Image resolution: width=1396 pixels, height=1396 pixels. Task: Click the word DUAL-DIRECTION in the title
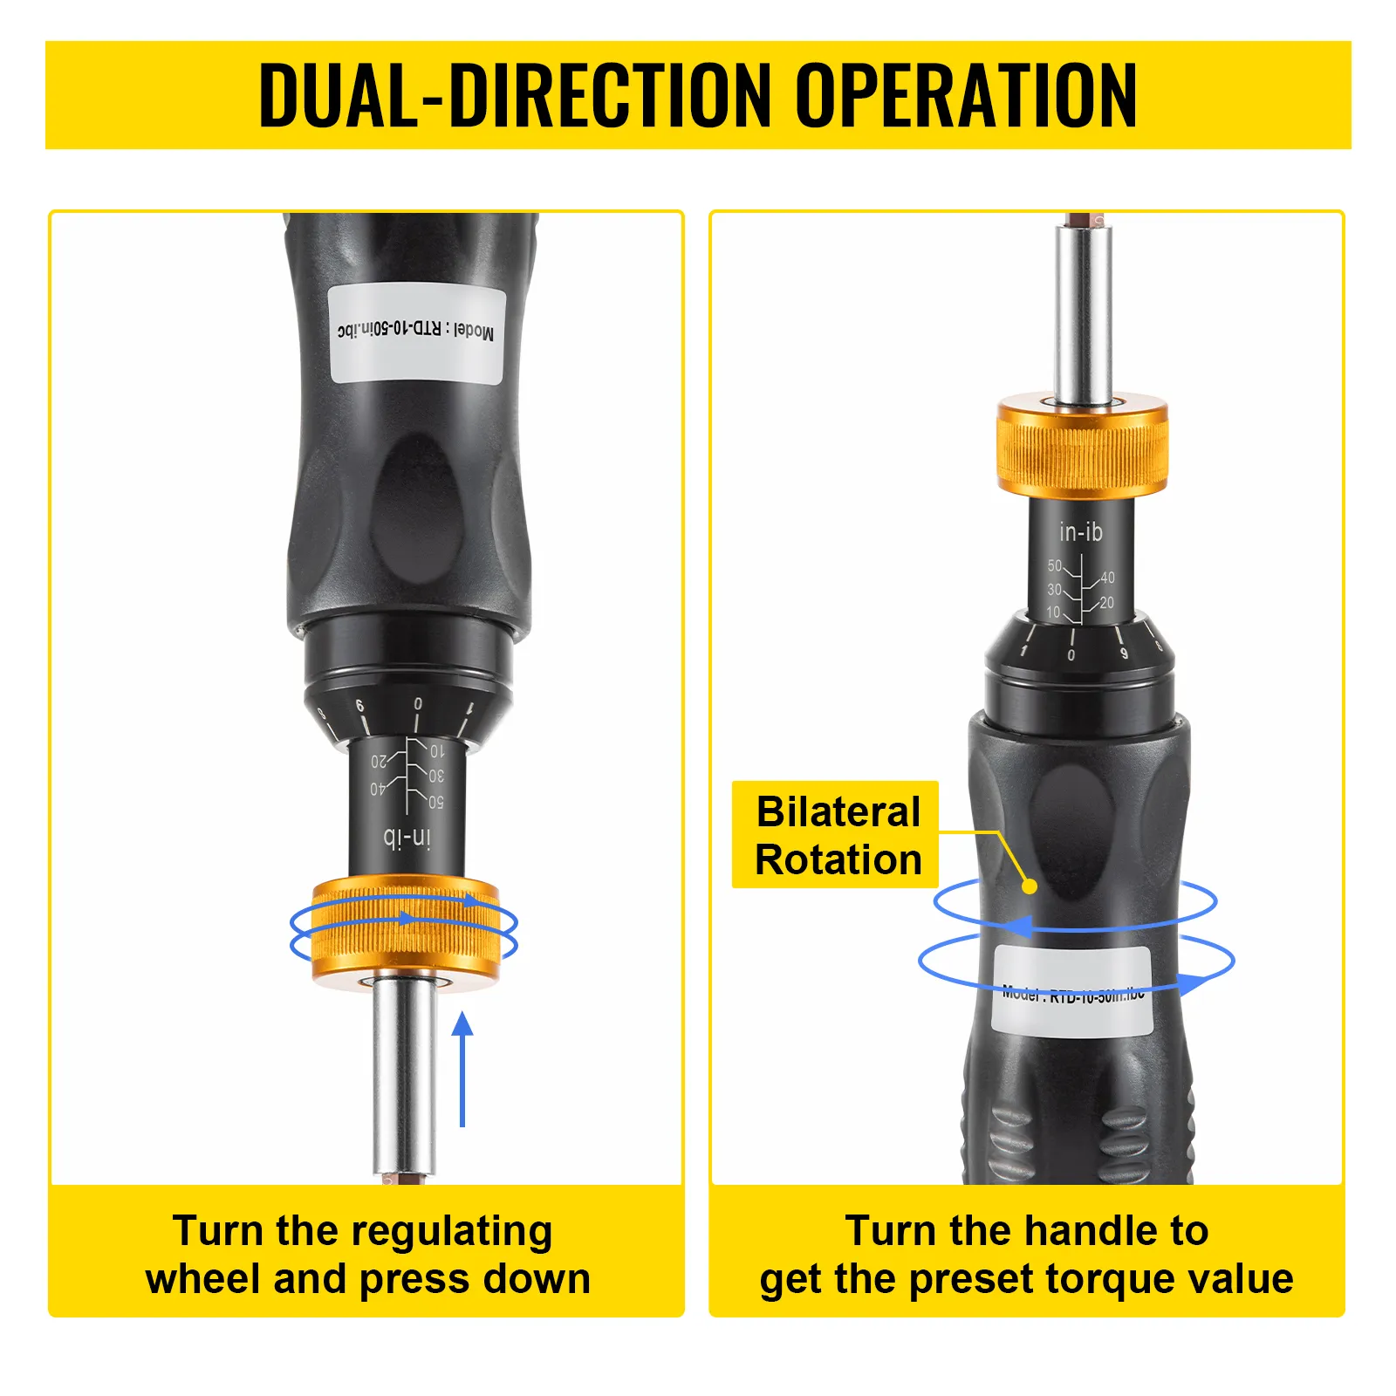coord(515,95)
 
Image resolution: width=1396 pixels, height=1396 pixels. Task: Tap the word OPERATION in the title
coord(966,95)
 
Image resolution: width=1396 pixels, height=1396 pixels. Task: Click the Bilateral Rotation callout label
coord(836,835)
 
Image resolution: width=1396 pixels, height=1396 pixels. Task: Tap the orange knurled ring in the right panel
coord(1082,446)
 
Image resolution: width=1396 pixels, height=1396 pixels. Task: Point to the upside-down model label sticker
coord(416,332)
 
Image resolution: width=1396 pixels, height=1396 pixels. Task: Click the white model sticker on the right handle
coord(1071,992)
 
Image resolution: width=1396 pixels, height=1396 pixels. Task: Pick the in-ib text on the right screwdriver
coord(1080,531)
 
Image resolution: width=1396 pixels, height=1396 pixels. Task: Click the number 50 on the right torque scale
coord(1054,565)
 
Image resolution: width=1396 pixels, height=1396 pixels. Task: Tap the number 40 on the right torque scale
coord(1107,578)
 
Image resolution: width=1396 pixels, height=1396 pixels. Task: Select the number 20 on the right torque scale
coord(1106,603)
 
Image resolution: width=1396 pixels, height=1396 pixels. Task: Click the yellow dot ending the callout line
coord(1030,886)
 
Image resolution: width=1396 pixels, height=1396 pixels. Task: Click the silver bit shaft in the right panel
coord(1082,314)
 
